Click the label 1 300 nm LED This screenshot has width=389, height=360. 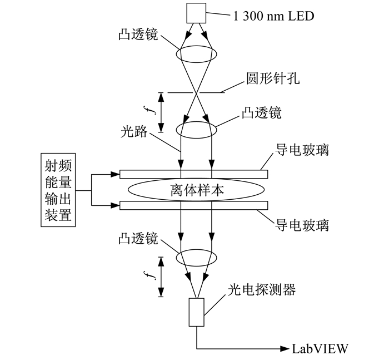pos(273,16)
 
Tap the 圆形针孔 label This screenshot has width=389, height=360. pos(273,78)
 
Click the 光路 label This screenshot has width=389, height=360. pos(134,131)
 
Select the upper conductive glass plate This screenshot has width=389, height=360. pos(194,174)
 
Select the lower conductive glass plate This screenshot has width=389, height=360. pos(194,205)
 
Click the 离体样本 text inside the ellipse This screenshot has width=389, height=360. pos(197,190)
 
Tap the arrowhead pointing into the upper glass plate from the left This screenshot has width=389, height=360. pos(115,174)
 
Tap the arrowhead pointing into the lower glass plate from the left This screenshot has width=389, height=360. pos(115,205)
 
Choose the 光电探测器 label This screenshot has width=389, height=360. pos(262,289)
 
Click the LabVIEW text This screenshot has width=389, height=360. pos(320,348)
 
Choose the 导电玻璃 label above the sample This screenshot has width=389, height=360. pos(302,150)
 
